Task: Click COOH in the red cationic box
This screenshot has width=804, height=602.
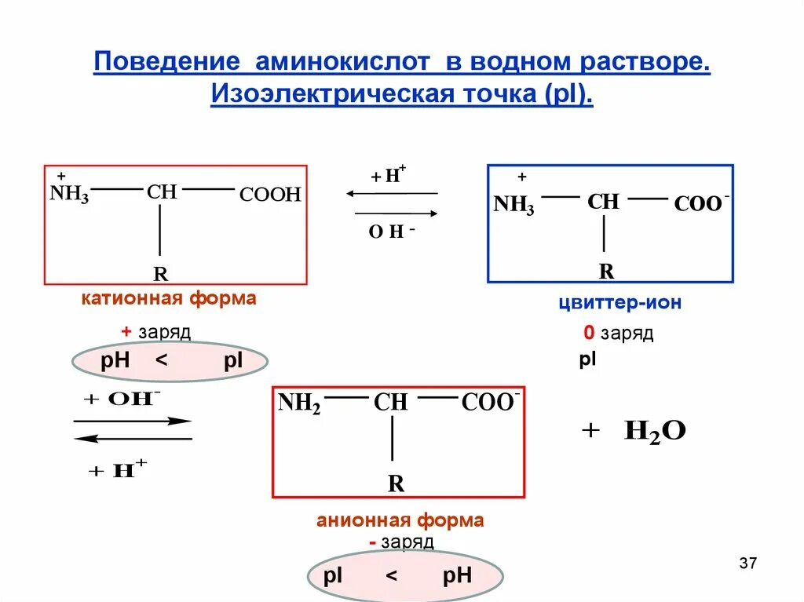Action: tap(270, 195)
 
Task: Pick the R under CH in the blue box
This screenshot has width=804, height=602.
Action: tap(606, 272)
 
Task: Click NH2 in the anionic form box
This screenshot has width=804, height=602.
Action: tap(299, 403)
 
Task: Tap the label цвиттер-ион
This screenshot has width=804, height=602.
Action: tap(619, 303)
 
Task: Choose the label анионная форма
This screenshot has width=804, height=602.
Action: tap(400, 520)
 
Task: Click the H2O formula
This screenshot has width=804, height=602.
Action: tap(655, 430)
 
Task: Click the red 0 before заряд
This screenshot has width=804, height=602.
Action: tap(588, 333)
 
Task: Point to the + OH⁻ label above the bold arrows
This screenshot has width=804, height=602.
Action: tap(122, 398)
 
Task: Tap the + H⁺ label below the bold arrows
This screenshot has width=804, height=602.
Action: tap(118, 470)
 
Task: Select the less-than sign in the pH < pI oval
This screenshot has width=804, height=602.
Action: tap(162, 361)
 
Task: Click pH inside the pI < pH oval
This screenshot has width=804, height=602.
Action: tap(457, 576)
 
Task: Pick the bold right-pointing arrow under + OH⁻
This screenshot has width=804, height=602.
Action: tap(133, 421)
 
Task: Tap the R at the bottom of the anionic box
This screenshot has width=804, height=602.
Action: tap(396, 483)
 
